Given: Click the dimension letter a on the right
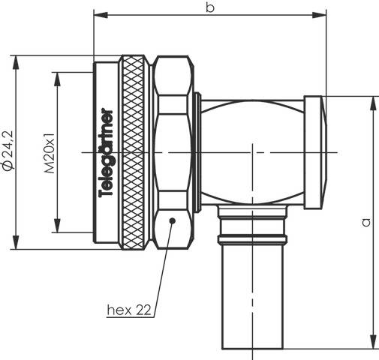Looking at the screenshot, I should click(x=365, y=221).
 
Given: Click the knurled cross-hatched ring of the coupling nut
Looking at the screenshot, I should click(x=136, y=150).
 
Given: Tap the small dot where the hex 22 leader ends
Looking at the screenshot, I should click(x=173, y=220).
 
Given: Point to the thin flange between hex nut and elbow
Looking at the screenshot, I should click(x=197, y=151).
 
